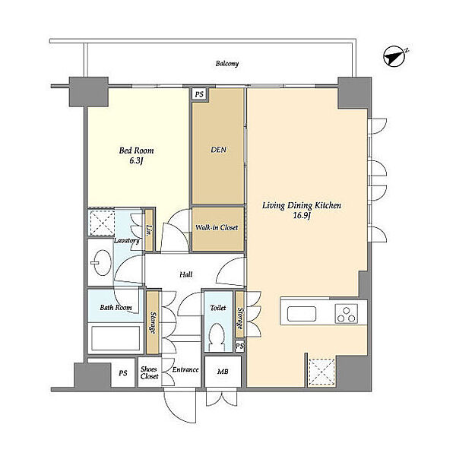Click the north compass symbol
tap(394, 56)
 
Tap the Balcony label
tap(227, 63)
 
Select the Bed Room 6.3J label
tap(136, 156)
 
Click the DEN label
tap(218, 150)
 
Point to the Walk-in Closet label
tap(217, 227)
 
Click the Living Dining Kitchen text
tap(302, 206)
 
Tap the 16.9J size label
tap(302, 216)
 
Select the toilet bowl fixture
tap(217, 337)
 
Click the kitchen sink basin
tap(302, 314)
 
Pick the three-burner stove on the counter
tap(347, 314)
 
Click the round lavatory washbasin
tap(102, 263)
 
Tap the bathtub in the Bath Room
tap(116, 338)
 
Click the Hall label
tap(186, 274)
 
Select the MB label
tap(223, 372)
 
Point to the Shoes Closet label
tap(150, 373)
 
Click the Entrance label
tap(185, 369)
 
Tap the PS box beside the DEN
tap(199, 94)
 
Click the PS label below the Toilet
tap(239, 346)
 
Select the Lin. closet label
tap(150, 230)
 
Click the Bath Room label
tap(116, 307)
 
